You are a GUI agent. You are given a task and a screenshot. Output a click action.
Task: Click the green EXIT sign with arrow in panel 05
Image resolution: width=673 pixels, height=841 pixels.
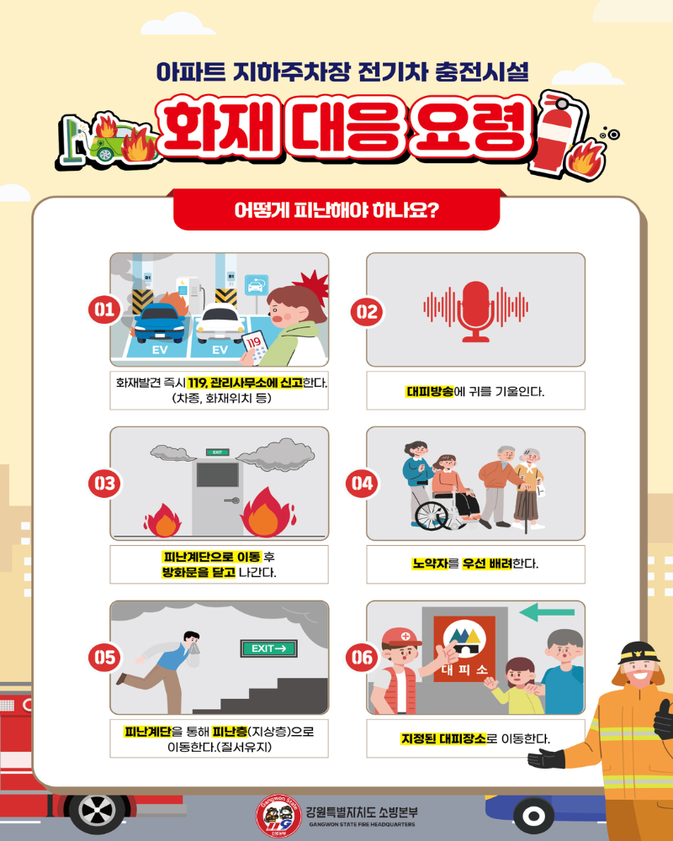[x=269, y=648]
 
